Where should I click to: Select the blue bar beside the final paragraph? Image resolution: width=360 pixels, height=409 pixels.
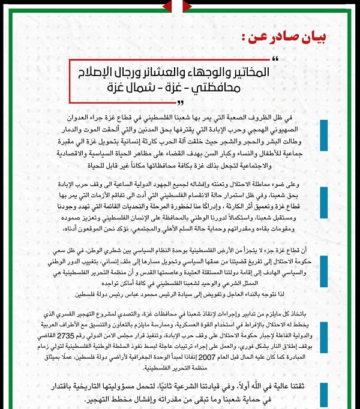[x=323, y=393]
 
